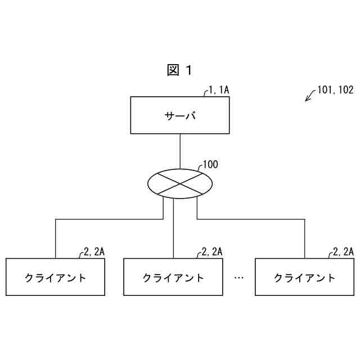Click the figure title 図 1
[x=179, y=70]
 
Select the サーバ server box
[x=180, y=115]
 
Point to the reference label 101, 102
[x=335, y=89]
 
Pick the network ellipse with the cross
[x=180, y=183]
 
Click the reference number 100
[x=210, y=165]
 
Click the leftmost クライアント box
[x=55, y=277]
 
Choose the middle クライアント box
[x=173, y=277]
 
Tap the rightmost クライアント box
[x=304, y=277]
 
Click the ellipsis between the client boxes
[x=238, y=277]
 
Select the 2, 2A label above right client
[x=343, y=251]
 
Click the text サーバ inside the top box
[x=180, y=116]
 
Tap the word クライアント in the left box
[x=55, y=277]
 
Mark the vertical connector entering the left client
[x=55, y=239]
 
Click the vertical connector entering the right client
[x=304, y=239]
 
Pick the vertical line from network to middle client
[x=173, y=231]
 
